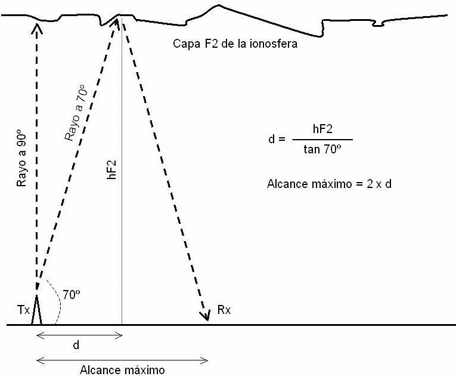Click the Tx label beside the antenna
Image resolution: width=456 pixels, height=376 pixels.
[24, 310]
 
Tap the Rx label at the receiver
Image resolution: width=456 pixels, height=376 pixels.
[224, 310]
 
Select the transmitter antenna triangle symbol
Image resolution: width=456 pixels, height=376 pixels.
[36, 310]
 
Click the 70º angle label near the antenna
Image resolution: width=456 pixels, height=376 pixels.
[72, 295]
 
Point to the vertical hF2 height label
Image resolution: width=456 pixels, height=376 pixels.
[111, 169]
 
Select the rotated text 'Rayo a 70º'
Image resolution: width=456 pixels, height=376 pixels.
[76, 113]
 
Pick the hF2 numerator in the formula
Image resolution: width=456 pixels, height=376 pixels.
[322, 129]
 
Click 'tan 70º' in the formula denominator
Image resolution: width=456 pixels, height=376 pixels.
[322, 149]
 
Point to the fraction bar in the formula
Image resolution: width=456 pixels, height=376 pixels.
[322, 140]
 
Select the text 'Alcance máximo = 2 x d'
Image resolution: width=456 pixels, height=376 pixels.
[329, 184]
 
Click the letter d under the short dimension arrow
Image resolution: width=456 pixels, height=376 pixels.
[76, 345]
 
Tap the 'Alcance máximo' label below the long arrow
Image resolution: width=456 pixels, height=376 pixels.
[122, 370]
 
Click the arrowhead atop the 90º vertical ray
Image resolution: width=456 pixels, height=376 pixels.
[36, 28]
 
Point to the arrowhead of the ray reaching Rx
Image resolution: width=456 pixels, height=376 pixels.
[205, 316]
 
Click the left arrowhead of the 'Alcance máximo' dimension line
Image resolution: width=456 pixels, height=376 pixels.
[40, 360]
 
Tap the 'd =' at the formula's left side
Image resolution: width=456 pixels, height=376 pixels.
[277, 139]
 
